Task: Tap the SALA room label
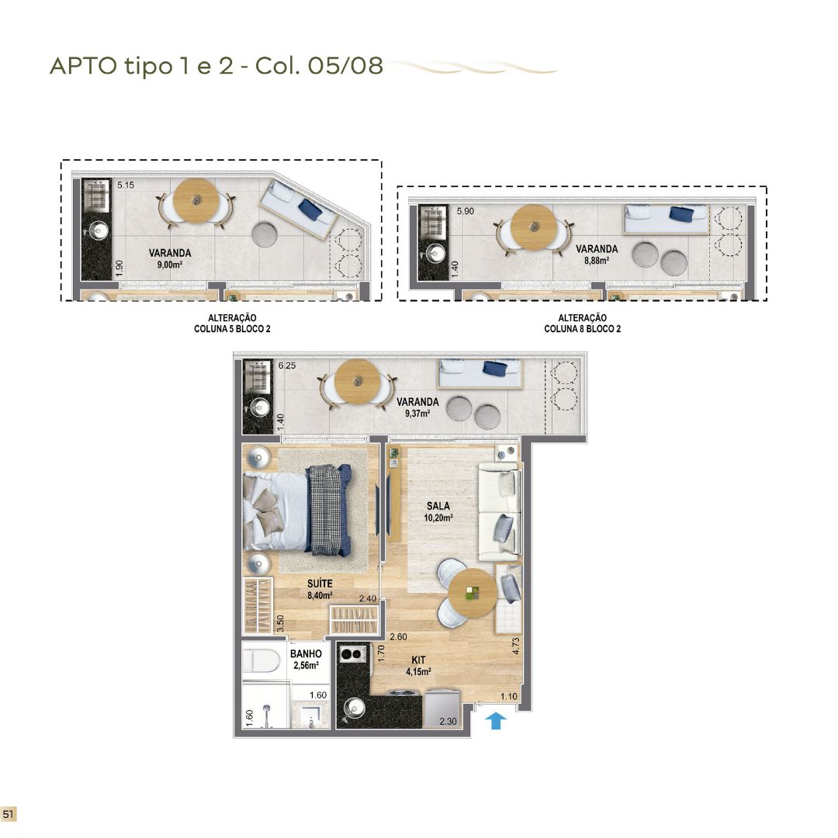[438, 506]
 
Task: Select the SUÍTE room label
[320, 583]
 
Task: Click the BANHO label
[306, 653]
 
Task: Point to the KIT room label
[418, 660]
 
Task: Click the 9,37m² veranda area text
[417, 413]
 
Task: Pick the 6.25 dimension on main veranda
[287, 365]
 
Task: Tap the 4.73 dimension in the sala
[516, 646]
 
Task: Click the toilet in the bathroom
[261, 660]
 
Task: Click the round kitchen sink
[354, 708]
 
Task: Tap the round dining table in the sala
[473, 592]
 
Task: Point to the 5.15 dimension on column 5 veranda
[126, 185]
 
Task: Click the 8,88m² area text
[597, 261]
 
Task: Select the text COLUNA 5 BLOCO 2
[232, 329]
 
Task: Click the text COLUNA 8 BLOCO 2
[583, 329]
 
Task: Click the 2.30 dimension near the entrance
[448, 721]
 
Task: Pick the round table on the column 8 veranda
[533, 227]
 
